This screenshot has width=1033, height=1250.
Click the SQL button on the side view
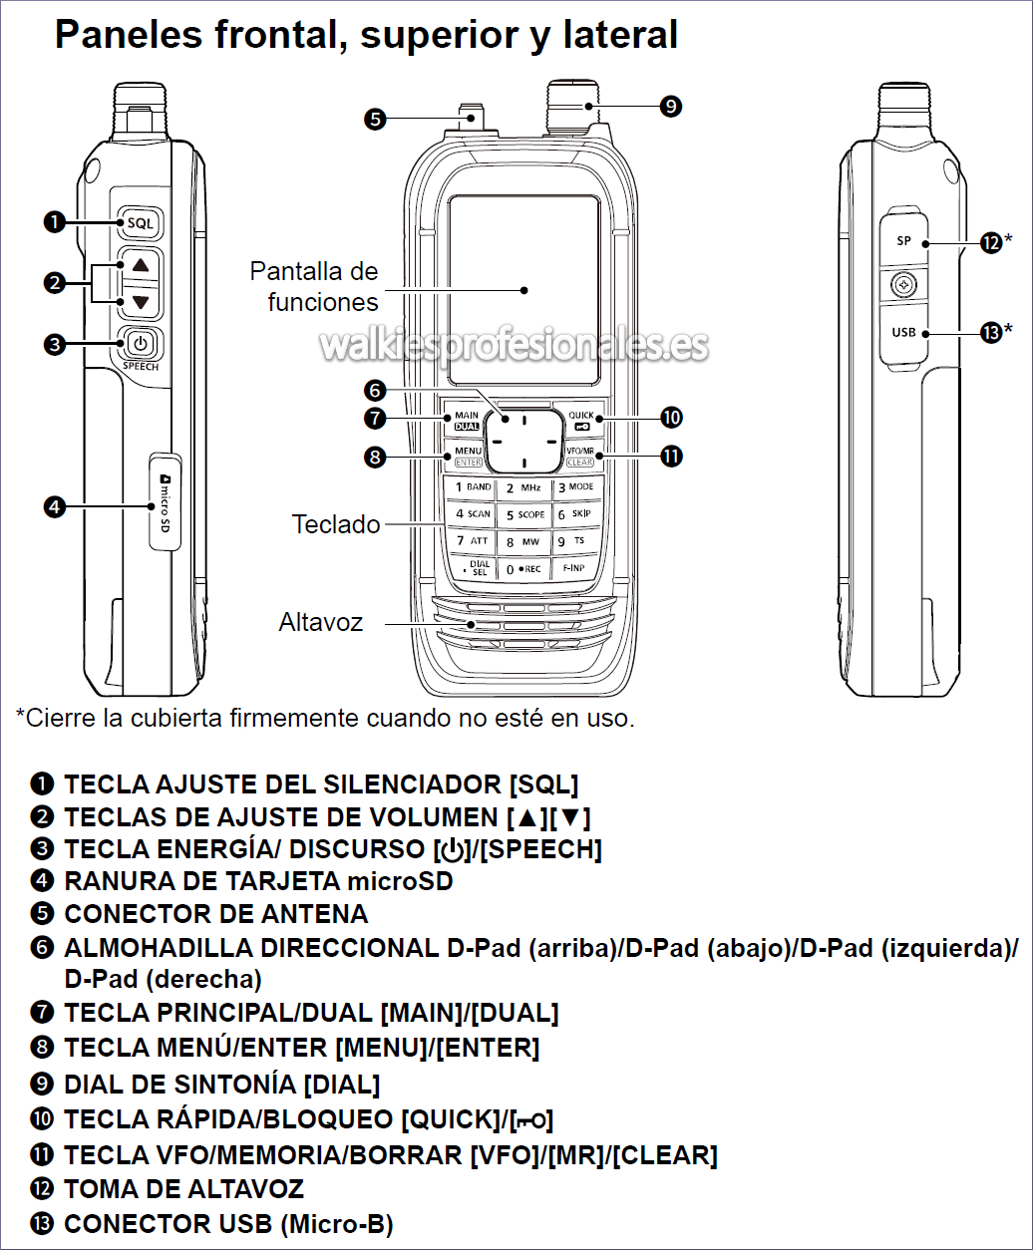tap(140, 223)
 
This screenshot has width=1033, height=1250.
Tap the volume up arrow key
tap(140, 265)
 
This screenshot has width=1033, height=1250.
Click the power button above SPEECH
tap(140, 345)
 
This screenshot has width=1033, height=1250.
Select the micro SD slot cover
tap(166, 501)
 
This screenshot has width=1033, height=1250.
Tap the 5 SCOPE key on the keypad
tap(524, 514)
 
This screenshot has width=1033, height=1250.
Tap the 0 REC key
tap(524, 569)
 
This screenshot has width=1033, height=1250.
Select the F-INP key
tap(574, 568)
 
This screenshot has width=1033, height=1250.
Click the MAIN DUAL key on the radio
tap(466, 419)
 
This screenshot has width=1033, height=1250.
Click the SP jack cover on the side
tap(903, 241)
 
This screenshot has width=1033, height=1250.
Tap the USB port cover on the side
tap(903, 332)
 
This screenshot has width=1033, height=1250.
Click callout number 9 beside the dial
tap(670, 105)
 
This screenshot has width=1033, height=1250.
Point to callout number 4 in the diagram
tap(55, 506)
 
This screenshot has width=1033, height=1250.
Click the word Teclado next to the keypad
tap(336, 524)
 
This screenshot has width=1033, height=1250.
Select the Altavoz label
tap(321, 623)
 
